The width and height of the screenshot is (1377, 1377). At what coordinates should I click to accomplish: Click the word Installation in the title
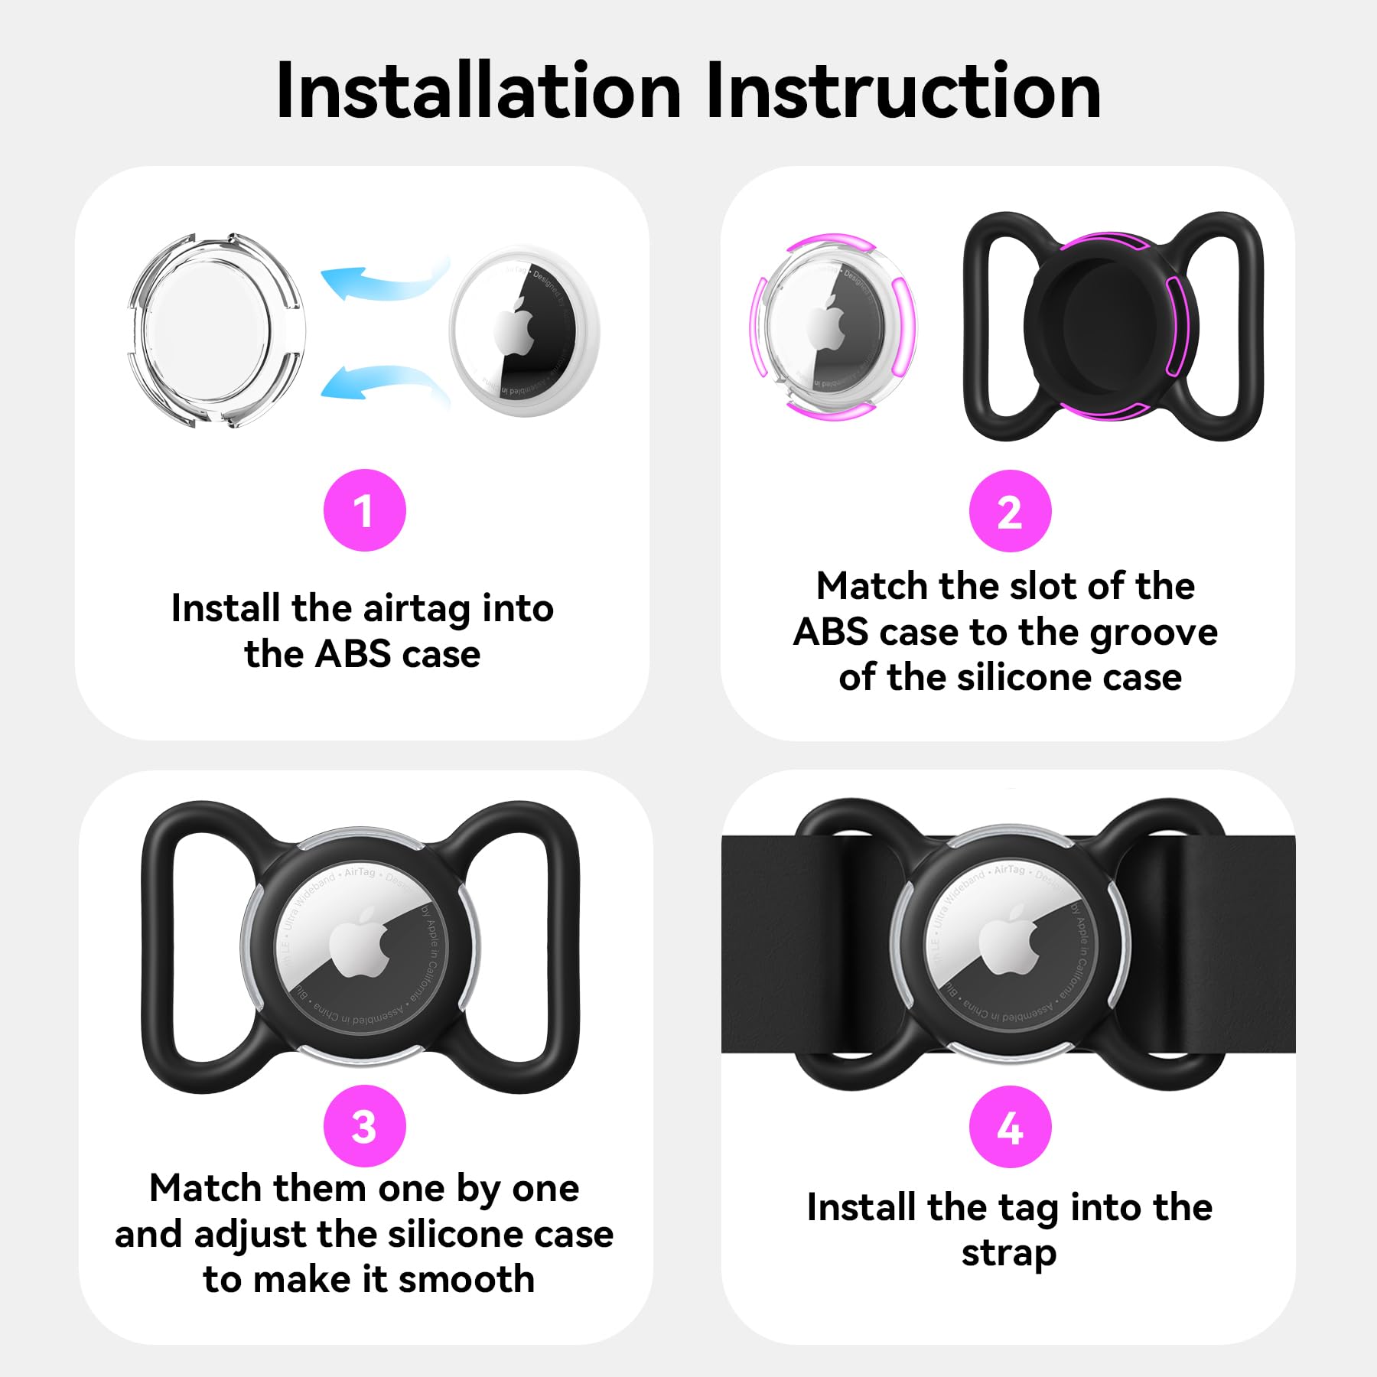pyautogui.click(x=478, y=92)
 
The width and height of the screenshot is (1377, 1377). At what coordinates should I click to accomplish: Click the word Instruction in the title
pyautogui.click(x=903, y=92)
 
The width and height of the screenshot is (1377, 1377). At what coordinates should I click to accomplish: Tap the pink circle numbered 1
pyautogui.click(x=364, y=510)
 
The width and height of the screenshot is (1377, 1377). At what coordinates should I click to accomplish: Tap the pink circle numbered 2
pyautogui.click(x=1010, y=511)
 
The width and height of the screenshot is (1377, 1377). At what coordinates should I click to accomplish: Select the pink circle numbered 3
pyautogui.click(x=364, y=1126)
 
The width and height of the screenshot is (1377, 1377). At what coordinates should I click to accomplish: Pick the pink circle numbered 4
pyautogui.click(x=1010, y=1127)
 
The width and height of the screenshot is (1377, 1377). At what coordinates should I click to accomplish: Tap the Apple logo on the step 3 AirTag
pyautogui.click(x=360, y=946)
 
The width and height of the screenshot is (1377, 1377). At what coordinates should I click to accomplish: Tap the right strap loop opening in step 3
pyautogui.click(x=514, y=946)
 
